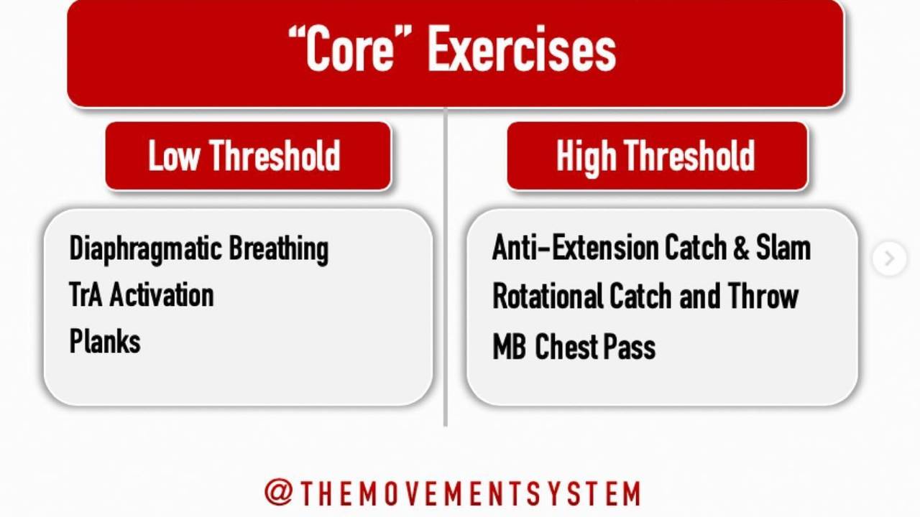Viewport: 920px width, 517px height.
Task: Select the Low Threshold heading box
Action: point(248,156)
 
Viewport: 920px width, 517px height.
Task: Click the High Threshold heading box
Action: point(657,156)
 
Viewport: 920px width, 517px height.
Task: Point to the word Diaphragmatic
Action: point(145,249)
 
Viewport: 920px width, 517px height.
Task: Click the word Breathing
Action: point(279,249)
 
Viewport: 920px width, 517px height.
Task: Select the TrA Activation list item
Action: point(142,295)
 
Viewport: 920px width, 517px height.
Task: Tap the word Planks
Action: point(105,341)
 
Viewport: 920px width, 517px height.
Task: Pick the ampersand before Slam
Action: point(741,248)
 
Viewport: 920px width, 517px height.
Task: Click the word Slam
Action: point(783,248)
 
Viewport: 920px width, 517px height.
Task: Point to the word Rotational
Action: point(546,296)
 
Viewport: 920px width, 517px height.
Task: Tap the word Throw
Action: point(763,296)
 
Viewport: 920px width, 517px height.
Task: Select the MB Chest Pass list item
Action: point(574,347)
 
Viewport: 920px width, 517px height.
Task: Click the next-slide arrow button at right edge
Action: point(889,258)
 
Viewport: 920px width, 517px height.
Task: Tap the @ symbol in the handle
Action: point(277,493)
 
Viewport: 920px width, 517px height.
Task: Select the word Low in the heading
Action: point(173,156)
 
